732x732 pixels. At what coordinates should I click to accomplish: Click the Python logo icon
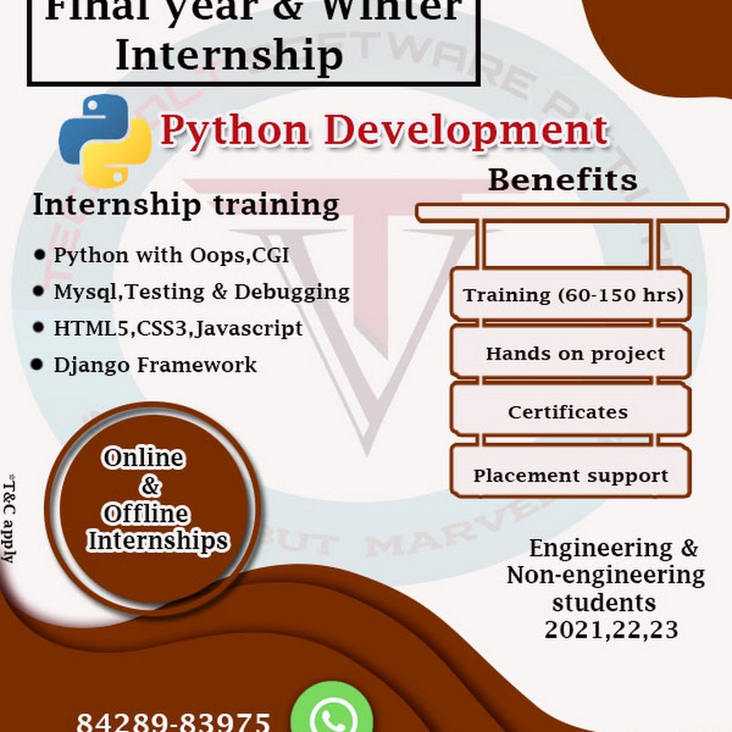[x=105, y=140]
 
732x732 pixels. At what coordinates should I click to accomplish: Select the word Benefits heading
[x=562, y=180]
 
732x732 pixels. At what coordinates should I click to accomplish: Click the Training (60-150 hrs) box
[x=572, y=294]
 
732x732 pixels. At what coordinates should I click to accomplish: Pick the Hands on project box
[x=574, y=354]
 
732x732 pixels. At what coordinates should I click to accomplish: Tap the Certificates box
[x=568, y=412]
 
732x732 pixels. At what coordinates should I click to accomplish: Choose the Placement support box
[x=570, y=476]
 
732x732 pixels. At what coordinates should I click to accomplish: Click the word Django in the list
[x=91, y=365]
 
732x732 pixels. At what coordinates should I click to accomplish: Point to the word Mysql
[x=80, y=291]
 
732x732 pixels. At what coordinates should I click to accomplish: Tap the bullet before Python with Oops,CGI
[x=40, y=255]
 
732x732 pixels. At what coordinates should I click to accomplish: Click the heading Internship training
[x=185, y=205]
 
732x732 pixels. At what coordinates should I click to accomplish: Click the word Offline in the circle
[x=146, y=514]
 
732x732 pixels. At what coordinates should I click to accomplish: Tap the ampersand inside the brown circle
[x=150, y=486]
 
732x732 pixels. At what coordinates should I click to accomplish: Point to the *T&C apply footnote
[x=8, y=517]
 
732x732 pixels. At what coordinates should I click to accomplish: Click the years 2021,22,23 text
[x=611, y=630]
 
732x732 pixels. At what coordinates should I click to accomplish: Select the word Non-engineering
[x=605, y=576]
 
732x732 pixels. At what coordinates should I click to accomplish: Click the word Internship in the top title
[x=229, y=55]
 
